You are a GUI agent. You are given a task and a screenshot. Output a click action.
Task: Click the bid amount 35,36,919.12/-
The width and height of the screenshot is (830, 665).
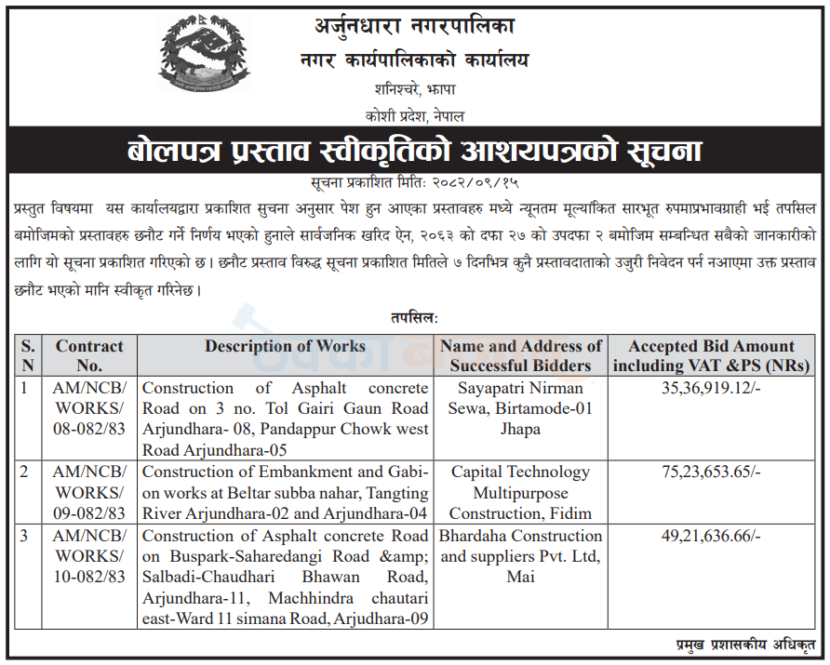[x=712, y=388]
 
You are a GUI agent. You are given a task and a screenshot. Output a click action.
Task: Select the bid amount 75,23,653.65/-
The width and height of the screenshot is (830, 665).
[x=712, y=472]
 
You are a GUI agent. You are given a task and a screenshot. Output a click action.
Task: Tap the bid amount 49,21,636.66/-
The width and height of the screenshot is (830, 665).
[x=712, y=536]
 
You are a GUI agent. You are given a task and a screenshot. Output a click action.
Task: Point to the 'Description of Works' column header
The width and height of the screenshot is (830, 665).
[x=285, y=346]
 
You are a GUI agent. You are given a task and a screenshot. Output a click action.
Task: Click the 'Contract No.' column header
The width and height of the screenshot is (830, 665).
[x=89, y=355]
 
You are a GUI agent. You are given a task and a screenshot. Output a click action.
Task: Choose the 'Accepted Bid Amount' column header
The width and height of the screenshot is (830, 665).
[x=712, y=355]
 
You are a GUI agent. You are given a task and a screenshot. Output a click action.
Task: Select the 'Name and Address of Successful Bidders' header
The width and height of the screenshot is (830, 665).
[x=521, y=355]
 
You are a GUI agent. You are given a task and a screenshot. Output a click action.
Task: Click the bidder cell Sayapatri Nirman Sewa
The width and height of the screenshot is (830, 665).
[x=521, y=408]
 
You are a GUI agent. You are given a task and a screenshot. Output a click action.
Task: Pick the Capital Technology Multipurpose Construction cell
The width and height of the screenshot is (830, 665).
[x=521, y=493]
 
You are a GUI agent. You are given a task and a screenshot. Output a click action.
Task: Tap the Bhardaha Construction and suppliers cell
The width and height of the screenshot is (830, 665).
[x=521, y=556]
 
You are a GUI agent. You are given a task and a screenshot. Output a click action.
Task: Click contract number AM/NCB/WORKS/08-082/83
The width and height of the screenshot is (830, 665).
[x=89, y=408]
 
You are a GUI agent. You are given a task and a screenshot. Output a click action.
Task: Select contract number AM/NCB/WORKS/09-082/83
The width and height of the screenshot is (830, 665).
[x=89, y=493]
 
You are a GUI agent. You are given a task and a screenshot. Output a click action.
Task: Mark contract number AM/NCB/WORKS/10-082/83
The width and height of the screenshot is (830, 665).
[x=89, y=556]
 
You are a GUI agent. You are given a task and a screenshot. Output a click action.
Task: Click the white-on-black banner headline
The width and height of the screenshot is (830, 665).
[x=415, y=151]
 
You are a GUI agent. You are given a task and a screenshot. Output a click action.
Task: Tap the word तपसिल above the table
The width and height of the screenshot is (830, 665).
[x=415, y=318]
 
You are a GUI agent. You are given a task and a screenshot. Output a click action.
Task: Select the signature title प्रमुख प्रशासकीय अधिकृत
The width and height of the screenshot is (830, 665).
[x=744, y=644]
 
